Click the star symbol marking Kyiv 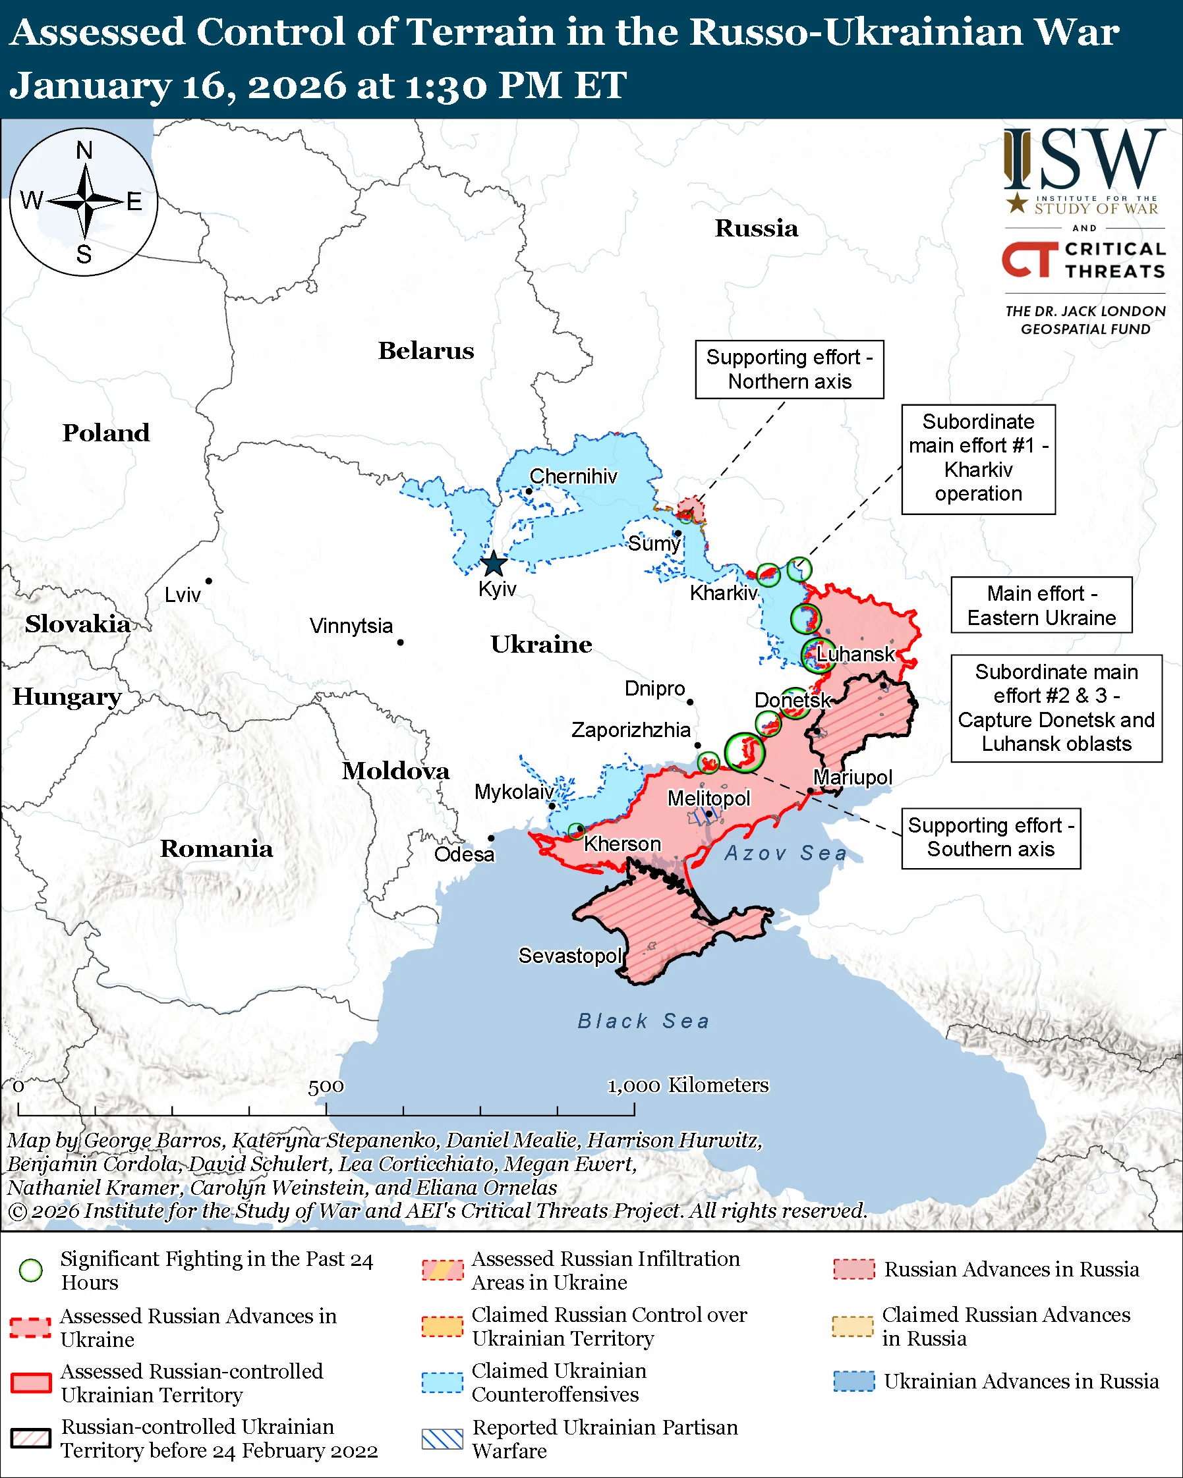(x=494, y=564)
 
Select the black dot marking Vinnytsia (x=401, y=642)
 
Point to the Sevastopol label (x=570, y=955)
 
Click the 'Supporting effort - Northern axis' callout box (x=790, y=369)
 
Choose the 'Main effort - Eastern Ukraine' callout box (x=1041, y=605)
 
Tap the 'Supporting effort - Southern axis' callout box (x=991, y=838)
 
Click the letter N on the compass (x=84, y=150)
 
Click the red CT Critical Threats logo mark (x=1029, y=259)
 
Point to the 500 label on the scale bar (x=326, y=1087)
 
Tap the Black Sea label (x=643, y=1021)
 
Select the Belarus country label (x=426, y=350)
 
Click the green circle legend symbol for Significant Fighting (x=31, y=1271)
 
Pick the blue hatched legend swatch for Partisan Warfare (x=442, y=1439)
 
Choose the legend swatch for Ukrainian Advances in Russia (x=854, y=1381)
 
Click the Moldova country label (x=395, y=771)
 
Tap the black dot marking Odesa (x=491, y=838)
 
